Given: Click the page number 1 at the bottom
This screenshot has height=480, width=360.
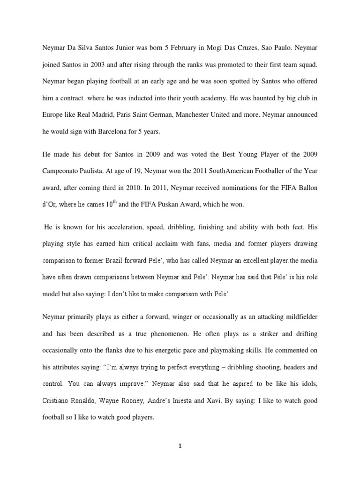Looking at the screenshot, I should click(x=180, y=446).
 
